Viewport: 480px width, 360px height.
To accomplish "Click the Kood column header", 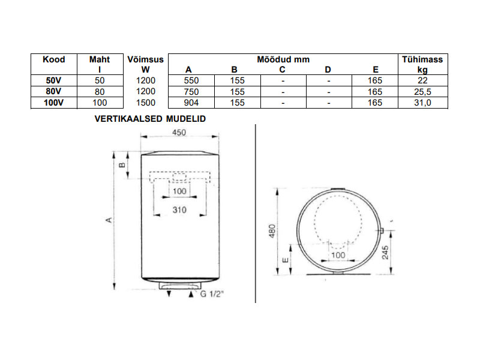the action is tap(54, 59).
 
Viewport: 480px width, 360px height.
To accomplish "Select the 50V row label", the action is tap(53, 80).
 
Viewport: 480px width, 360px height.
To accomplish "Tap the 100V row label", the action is tap(53, 103).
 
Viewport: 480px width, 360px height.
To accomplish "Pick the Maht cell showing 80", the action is tap(100, 92).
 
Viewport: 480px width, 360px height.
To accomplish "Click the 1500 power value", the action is tap(146, 103).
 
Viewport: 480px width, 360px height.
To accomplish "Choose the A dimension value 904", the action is tap(191, 103).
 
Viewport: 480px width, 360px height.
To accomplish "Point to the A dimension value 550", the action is tap(191, 80).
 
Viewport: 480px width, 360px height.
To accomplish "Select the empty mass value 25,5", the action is tap(423, 92).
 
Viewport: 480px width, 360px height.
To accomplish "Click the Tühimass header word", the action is tap(422, 59).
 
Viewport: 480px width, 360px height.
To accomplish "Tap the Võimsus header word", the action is tap(145, 59).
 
